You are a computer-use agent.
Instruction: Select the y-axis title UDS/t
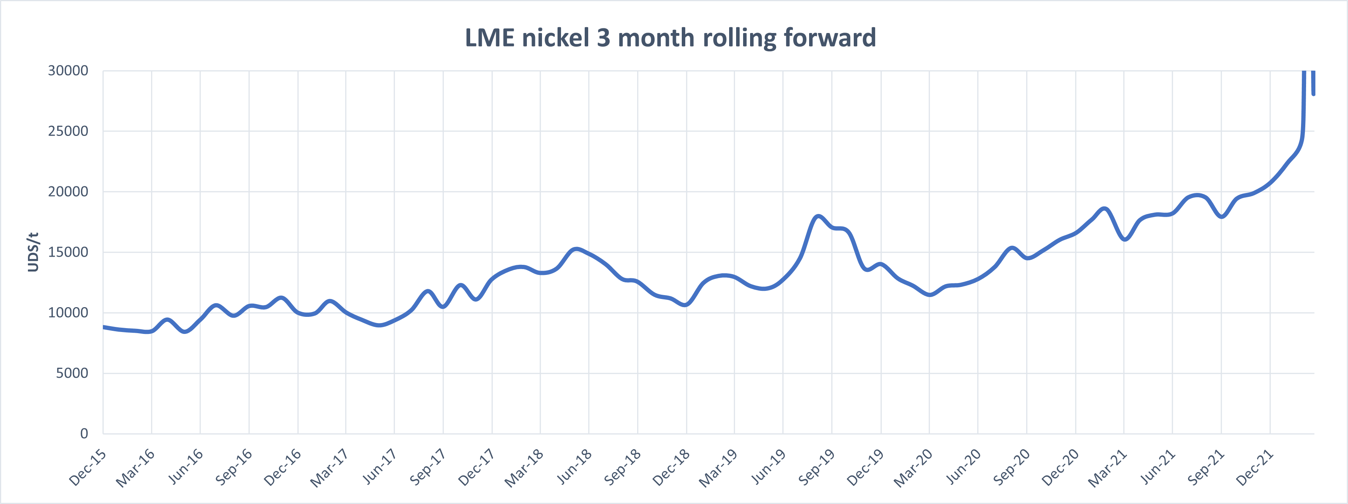(x=33, y=252)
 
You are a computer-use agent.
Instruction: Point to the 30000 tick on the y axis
(x=68, y=71)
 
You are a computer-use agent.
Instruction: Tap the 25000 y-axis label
(x=68, y=131)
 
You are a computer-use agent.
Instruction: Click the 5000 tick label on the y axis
(x=72, y=373)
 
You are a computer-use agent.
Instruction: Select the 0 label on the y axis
(x=84, y=433)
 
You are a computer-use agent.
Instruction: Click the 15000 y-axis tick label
(x=68, y=252)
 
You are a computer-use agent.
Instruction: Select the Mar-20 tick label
(x=913, y=468)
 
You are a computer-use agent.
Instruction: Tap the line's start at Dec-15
(x=104, y=327)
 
